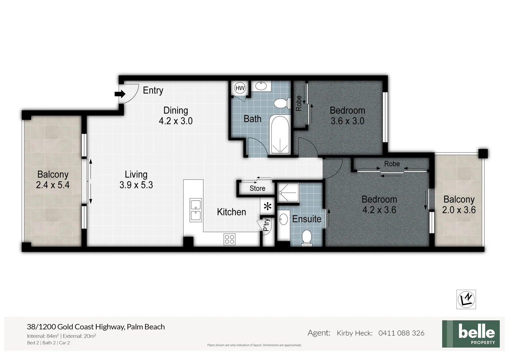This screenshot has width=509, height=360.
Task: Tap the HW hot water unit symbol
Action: [x=240, y=88]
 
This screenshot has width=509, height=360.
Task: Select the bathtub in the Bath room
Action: [x=279, y=134]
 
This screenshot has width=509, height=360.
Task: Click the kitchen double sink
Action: [x=196, y=210]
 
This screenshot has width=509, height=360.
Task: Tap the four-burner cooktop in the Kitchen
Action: [x=230, y=239]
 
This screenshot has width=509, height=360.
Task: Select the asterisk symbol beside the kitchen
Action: [x=267, y=207]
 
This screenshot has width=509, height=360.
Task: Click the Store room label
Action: [x=257, y=188]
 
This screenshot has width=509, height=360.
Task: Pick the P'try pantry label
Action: [x=266, y=225]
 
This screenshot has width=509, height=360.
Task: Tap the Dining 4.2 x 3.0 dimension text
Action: [x=176, y=121]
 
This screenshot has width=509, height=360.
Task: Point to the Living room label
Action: [x=136, y=174]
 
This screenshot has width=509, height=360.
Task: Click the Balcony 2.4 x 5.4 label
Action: [x=53, y=180]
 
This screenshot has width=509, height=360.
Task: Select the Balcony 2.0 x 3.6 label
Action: [x=459, y=205]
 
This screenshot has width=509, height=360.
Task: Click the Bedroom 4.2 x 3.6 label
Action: [x=379, y=204]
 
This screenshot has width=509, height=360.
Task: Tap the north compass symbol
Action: [x=466, y=299]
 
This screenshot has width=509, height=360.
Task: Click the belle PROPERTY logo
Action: [x=471, y=334]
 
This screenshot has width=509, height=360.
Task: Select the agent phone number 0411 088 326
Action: [x=401, y=333]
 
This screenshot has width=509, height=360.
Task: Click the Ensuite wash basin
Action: [x=283, y=220]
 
